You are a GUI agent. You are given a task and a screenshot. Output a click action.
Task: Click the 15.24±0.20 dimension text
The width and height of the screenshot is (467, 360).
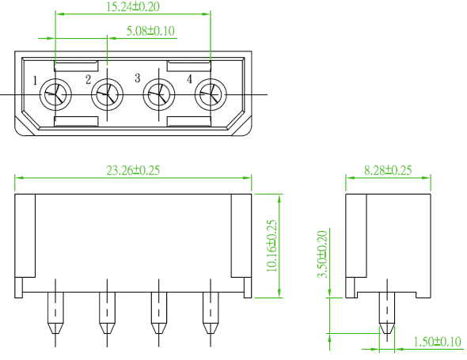(133, 7)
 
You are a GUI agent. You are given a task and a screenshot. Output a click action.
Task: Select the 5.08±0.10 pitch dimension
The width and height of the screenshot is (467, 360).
(150, 31)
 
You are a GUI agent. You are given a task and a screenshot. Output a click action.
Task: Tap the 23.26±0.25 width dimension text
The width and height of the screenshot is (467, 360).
(133, 170)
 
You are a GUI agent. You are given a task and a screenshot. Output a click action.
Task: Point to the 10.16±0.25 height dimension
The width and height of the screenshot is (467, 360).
(271, 245)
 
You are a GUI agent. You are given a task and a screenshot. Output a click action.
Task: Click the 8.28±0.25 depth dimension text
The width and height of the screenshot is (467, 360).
(388, 170)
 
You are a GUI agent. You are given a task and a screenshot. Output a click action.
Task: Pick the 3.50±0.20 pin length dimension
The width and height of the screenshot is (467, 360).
(322, 254)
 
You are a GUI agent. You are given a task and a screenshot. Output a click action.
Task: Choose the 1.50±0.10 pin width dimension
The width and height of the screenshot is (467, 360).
(438, 342)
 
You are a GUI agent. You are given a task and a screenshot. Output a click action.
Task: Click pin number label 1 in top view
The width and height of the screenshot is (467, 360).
(35, 81)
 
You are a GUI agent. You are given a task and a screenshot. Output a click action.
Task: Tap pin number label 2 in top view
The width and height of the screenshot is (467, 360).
(88, 80)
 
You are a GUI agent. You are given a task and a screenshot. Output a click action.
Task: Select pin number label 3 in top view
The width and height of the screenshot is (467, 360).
(137, 78)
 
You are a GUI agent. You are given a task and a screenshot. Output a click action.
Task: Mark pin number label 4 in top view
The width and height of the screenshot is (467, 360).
(190, 79)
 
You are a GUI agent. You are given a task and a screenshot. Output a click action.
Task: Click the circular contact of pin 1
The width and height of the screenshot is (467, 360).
(55, 95)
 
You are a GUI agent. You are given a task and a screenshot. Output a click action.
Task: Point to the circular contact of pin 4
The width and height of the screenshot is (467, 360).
(211, 95)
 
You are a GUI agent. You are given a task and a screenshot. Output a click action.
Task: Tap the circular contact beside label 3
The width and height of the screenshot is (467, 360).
(159, 95)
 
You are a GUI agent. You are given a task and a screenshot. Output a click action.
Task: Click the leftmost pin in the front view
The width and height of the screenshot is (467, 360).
(55, 313)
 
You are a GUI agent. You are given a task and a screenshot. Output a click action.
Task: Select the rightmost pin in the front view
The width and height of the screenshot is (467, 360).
(211, 313)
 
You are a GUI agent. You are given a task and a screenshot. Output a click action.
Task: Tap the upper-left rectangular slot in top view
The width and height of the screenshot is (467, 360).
(76, 66)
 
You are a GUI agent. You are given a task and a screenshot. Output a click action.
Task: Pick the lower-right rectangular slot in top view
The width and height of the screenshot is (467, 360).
(189, 122)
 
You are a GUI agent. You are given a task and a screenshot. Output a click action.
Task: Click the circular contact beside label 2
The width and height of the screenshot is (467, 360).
(107, 95)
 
